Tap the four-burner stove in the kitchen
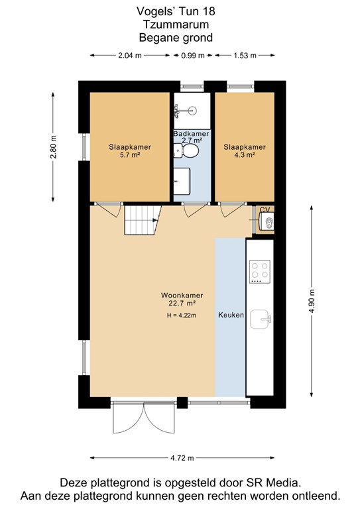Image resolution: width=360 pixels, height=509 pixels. coord(259,270)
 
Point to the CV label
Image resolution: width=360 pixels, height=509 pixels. coord(265,210)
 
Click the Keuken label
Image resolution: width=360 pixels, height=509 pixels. coord(231,315)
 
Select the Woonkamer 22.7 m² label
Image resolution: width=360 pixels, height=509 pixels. coord(182,300)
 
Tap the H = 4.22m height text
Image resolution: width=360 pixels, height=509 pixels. coord(182,315)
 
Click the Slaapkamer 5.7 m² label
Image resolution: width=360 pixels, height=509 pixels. coord(129,151)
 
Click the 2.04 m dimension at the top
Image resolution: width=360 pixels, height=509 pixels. coord(129,56)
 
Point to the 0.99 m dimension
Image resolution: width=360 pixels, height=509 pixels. coord(193,56)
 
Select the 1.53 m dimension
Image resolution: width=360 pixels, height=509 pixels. coord(245,56)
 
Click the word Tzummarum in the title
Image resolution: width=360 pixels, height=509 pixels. coord(179,25)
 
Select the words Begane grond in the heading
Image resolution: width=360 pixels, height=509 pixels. coord(179,38)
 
